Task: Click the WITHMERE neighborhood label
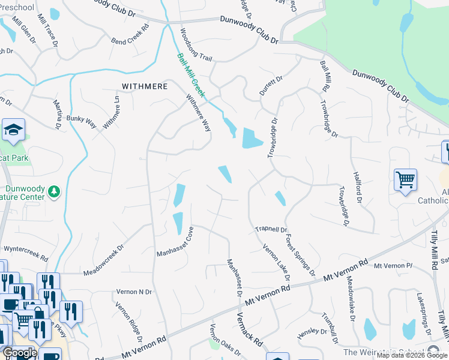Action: [x=144, y=86]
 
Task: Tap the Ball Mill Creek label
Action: [x=191, y=76]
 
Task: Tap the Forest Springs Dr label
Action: [x=300, y=254]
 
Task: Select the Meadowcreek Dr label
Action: [x=103, y=257]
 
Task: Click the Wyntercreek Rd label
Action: [x=26, y=253]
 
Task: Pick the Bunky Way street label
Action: [x=82, y=122]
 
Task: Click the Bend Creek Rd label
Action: [x=130, y=36]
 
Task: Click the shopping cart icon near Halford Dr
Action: [x=405, y=179]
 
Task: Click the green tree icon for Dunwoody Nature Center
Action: [x=55, y=191]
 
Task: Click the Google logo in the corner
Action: [x=20, y=353]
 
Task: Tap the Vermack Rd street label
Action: [x=250, y=330]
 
